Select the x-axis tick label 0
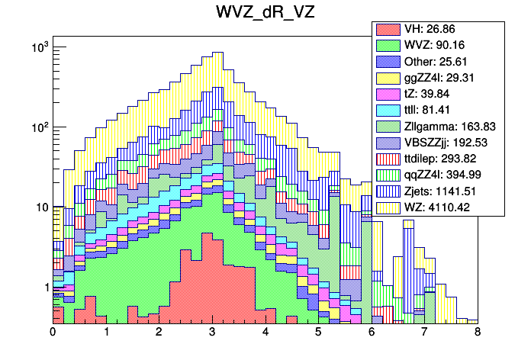53,333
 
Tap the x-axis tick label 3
212,333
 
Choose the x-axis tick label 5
318,333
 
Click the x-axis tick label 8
478,333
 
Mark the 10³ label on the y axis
39,48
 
